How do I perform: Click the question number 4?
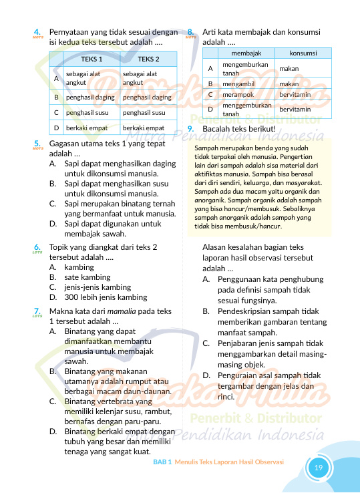(x=37, y=31)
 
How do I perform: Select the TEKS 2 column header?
(x=148, y=59)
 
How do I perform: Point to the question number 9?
(x=191, y=128)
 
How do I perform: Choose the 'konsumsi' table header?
(x=303, y=52)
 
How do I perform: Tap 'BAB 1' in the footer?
(x=162, y=462)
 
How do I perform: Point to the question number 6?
(x=37, y=247)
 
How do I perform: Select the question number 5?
(x=37, y=143)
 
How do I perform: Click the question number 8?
(x=191, y=31)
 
